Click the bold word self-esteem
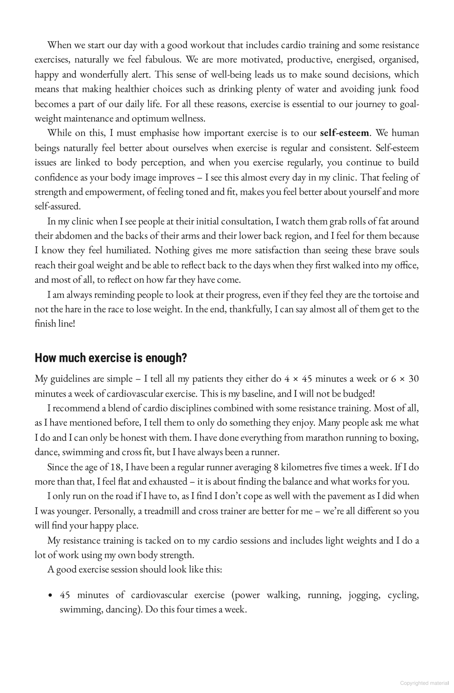[x=344, y=133]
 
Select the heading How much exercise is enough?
[x=111, y=358]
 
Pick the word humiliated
[x=129, y=250]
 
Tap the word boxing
[x=404, y=437]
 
